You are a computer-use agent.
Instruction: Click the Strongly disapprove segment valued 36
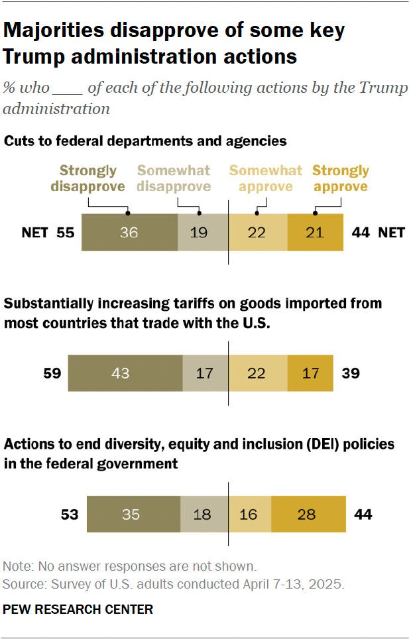(130, 233)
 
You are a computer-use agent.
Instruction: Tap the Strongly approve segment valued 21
(316, 233)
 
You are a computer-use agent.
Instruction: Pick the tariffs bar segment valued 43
(125, 373)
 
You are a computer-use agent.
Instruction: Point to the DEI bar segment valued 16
(250, 514)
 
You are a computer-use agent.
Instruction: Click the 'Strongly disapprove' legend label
(88, 179)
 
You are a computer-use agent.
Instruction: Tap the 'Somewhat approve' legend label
(266, 179)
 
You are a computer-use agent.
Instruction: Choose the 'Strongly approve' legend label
(341, 179)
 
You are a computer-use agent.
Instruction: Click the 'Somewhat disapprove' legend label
(174, 179)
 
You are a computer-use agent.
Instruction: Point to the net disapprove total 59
(52, 373)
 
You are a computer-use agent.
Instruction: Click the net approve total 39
(351, 373)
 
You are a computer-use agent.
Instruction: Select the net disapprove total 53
(70, 514)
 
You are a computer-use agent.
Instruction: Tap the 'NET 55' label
(47, 233)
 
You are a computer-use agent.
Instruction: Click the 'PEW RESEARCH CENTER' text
(78, 609)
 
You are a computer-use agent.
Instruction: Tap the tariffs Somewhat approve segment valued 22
(258, 373)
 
